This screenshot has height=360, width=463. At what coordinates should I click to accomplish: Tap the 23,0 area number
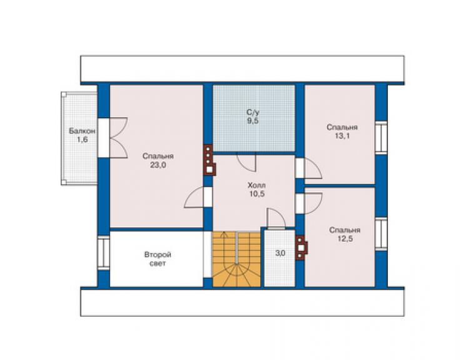(x=158, y=165)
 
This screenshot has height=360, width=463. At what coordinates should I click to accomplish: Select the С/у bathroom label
(x=253, y=112)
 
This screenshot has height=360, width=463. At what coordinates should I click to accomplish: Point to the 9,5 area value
(x=253, y=121)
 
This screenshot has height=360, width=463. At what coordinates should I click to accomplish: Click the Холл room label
(x=257, y=185)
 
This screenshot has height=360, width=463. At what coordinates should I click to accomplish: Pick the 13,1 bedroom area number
(x=342, y=136)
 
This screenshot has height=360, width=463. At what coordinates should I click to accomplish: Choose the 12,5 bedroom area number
(x=345, y=239)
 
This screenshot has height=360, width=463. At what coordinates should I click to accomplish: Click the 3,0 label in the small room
(x=280, y=254)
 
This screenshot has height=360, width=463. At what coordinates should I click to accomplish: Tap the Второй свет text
(x=158, y=259)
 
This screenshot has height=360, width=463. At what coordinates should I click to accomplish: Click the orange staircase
(x=237, y=259)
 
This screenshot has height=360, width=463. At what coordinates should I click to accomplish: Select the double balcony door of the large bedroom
(x=118, y=138)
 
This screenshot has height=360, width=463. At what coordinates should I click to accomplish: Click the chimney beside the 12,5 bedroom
(x=302, y=248)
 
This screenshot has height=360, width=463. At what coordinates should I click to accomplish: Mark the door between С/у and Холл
(x=247, y=162)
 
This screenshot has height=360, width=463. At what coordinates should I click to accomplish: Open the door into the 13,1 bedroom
(x=312, y=168)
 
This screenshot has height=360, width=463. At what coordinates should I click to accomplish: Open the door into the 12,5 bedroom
(x=312, y=203)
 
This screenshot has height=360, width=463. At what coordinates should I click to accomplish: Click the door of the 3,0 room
(x=276, y=219)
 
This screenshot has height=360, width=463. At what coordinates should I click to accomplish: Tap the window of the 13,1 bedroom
(x=381, y=138)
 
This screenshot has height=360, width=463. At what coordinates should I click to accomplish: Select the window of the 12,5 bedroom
(x=381, y=234)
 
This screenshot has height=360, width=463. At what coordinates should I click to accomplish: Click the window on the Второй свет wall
(x=104, y=253)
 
